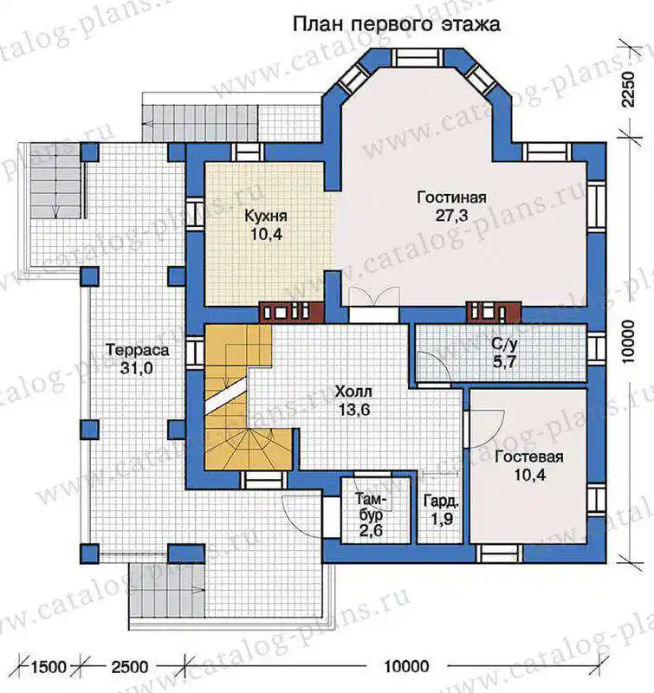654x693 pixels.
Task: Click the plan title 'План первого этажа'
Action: pyautogui.click(x=397, y=24)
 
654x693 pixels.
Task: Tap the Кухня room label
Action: pyautogui.click(x=266, y=216)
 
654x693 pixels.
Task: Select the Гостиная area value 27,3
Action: pyautogui.click(x=451, y=216)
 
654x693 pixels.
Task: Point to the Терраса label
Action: pyautogui.click(x=137, y=351)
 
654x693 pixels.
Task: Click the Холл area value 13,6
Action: pyautogui.click(x=354, y=410)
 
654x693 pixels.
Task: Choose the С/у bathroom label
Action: pyautogui.click(x=504, y=345)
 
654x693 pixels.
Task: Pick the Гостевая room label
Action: pyautogui.click(x=529, y=457)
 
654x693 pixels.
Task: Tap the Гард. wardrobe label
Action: pyautogui.click(x=441, y=502)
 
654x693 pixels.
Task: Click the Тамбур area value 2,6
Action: pyautogui.click(x=371, y=530)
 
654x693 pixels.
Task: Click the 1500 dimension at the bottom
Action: pyautogui.click(x=49, y=666)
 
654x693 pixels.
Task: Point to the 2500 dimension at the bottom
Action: pyautogui.click(x=129, y=666)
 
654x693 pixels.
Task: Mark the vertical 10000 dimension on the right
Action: pyautogui.click(x=627, y=342)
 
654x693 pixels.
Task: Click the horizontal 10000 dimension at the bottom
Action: pyautogui.click(x=406, y=666)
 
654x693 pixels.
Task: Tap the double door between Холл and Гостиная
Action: pyautogui.click(x=374, y=297)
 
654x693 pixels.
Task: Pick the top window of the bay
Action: pyautogui.click(x=418, y=58)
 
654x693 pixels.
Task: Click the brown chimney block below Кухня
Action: pyautogui.click(x=291, y=312)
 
